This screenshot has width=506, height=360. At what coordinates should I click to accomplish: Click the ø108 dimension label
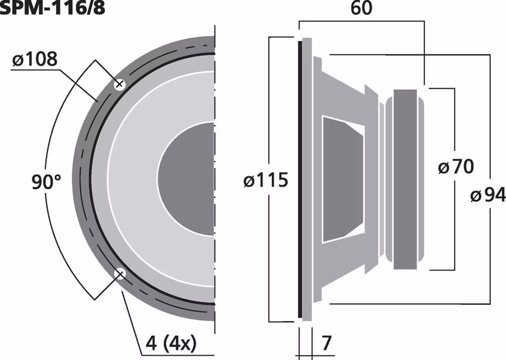(34, 60)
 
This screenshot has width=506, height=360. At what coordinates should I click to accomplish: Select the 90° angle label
(46, 182)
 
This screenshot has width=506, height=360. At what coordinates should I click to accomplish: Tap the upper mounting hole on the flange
(120, 84)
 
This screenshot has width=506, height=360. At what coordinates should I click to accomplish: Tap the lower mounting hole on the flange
(120, 274)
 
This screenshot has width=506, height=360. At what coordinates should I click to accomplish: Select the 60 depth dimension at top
(360, 10)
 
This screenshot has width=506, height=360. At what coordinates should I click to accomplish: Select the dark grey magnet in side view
(405, 179)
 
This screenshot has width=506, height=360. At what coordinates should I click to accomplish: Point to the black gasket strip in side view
(300, 179)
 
